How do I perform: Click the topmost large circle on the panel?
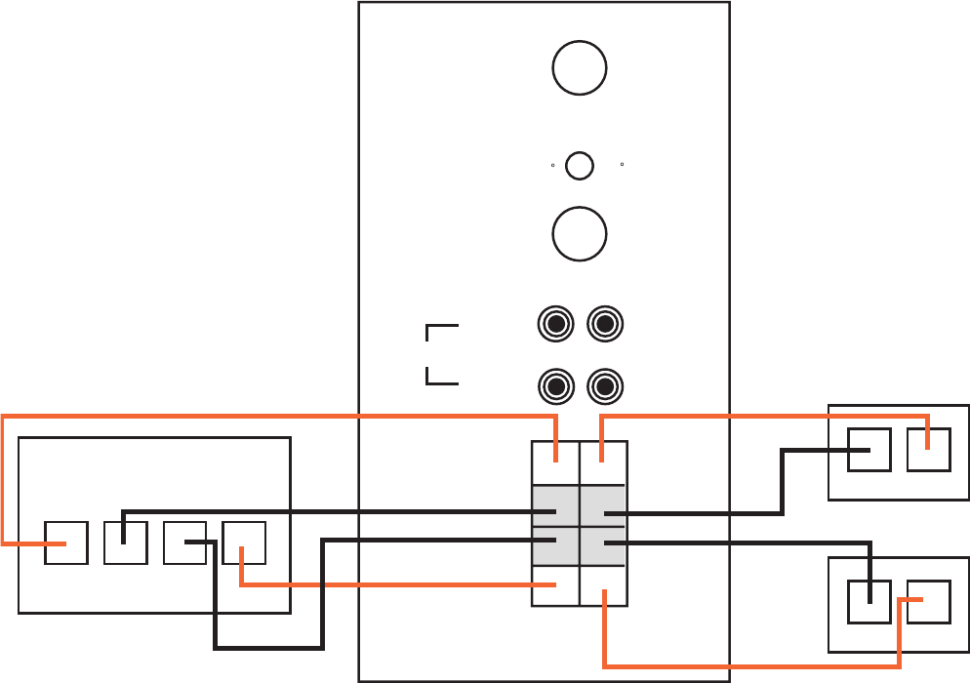coord(580,67)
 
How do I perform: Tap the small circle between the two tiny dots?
coord(580,166)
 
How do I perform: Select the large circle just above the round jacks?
coord(580,234)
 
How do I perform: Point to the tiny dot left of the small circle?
coord(552,166)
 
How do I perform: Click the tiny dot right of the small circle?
coord(622,166)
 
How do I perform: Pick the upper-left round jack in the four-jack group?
coord(556,325)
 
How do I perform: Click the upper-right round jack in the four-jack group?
coord(605,325)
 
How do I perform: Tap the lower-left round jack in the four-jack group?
coord(556,387)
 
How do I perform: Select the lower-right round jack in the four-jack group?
coord(605,387)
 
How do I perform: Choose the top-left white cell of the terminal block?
coord(555,462)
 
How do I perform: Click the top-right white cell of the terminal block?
coord(603,462)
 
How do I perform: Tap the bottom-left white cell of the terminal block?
coord(555,585)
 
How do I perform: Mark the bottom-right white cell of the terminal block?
coord(603,585)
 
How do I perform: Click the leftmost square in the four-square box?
coord(66,542)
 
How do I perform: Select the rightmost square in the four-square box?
coord(244,542)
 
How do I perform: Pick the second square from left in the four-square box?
coord(125,542)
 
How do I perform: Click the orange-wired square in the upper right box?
coord(928,449)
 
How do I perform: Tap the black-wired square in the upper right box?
coord(869,449)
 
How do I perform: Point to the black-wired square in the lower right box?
coord(869,601)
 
